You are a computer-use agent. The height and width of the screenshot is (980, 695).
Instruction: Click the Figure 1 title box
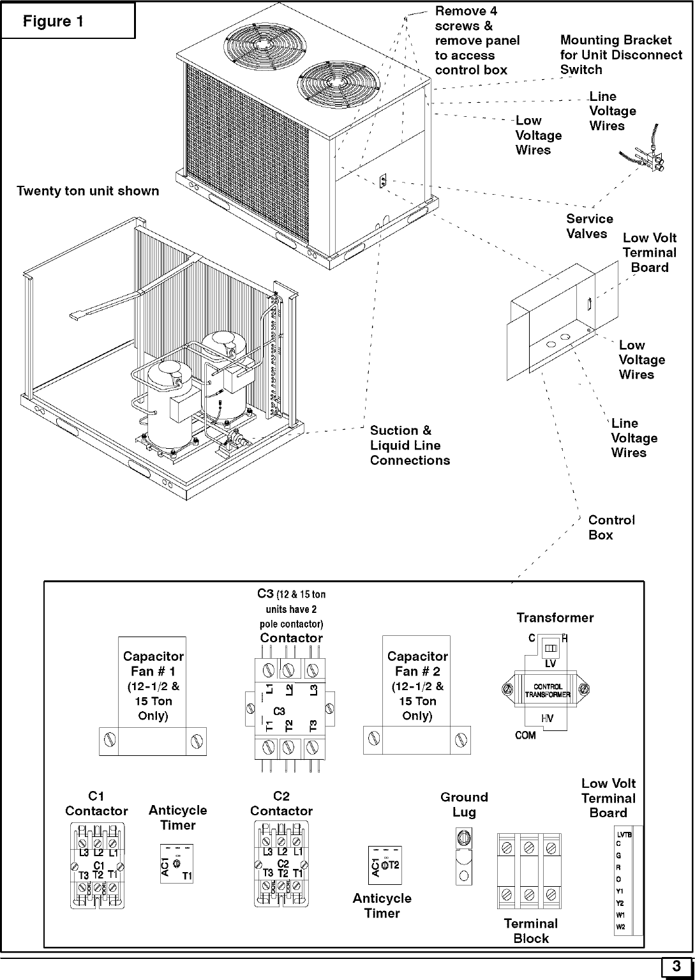click(68, 21)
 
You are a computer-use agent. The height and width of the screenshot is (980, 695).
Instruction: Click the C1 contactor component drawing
click(97, 865)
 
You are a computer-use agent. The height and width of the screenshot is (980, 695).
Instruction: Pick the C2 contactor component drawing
click(281, 865)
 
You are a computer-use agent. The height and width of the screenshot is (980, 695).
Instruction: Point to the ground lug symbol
click(464, 856)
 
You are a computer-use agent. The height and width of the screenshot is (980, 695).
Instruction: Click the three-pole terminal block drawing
click(529, 870)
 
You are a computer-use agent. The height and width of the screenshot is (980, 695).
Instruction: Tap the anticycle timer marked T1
click(177, 864)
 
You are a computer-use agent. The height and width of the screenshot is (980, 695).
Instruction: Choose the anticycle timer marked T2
click(384, 866)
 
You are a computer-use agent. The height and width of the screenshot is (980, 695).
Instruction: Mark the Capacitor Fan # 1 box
click(153, 696)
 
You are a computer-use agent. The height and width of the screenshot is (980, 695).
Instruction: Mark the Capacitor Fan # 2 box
click(417, 696)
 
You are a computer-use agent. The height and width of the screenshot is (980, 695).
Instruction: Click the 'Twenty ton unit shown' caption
click(88, 191)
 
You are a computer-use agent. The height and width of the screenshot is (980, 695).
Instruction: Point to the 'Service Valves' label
click(589, 227)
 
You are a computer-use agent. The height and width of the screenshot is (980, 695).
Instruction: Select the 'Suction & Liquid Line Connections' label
click(410, 446)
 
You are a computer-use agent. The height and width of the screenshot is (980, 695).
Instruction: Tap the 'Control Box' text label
click(611, 528)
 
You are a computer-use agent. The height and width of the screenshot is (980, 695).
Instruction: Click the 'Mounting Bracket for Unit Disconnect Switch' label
click(620, 55)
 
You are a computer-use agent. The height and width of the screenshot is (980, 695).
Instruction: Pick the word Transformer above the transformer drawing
click(555, 618)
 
